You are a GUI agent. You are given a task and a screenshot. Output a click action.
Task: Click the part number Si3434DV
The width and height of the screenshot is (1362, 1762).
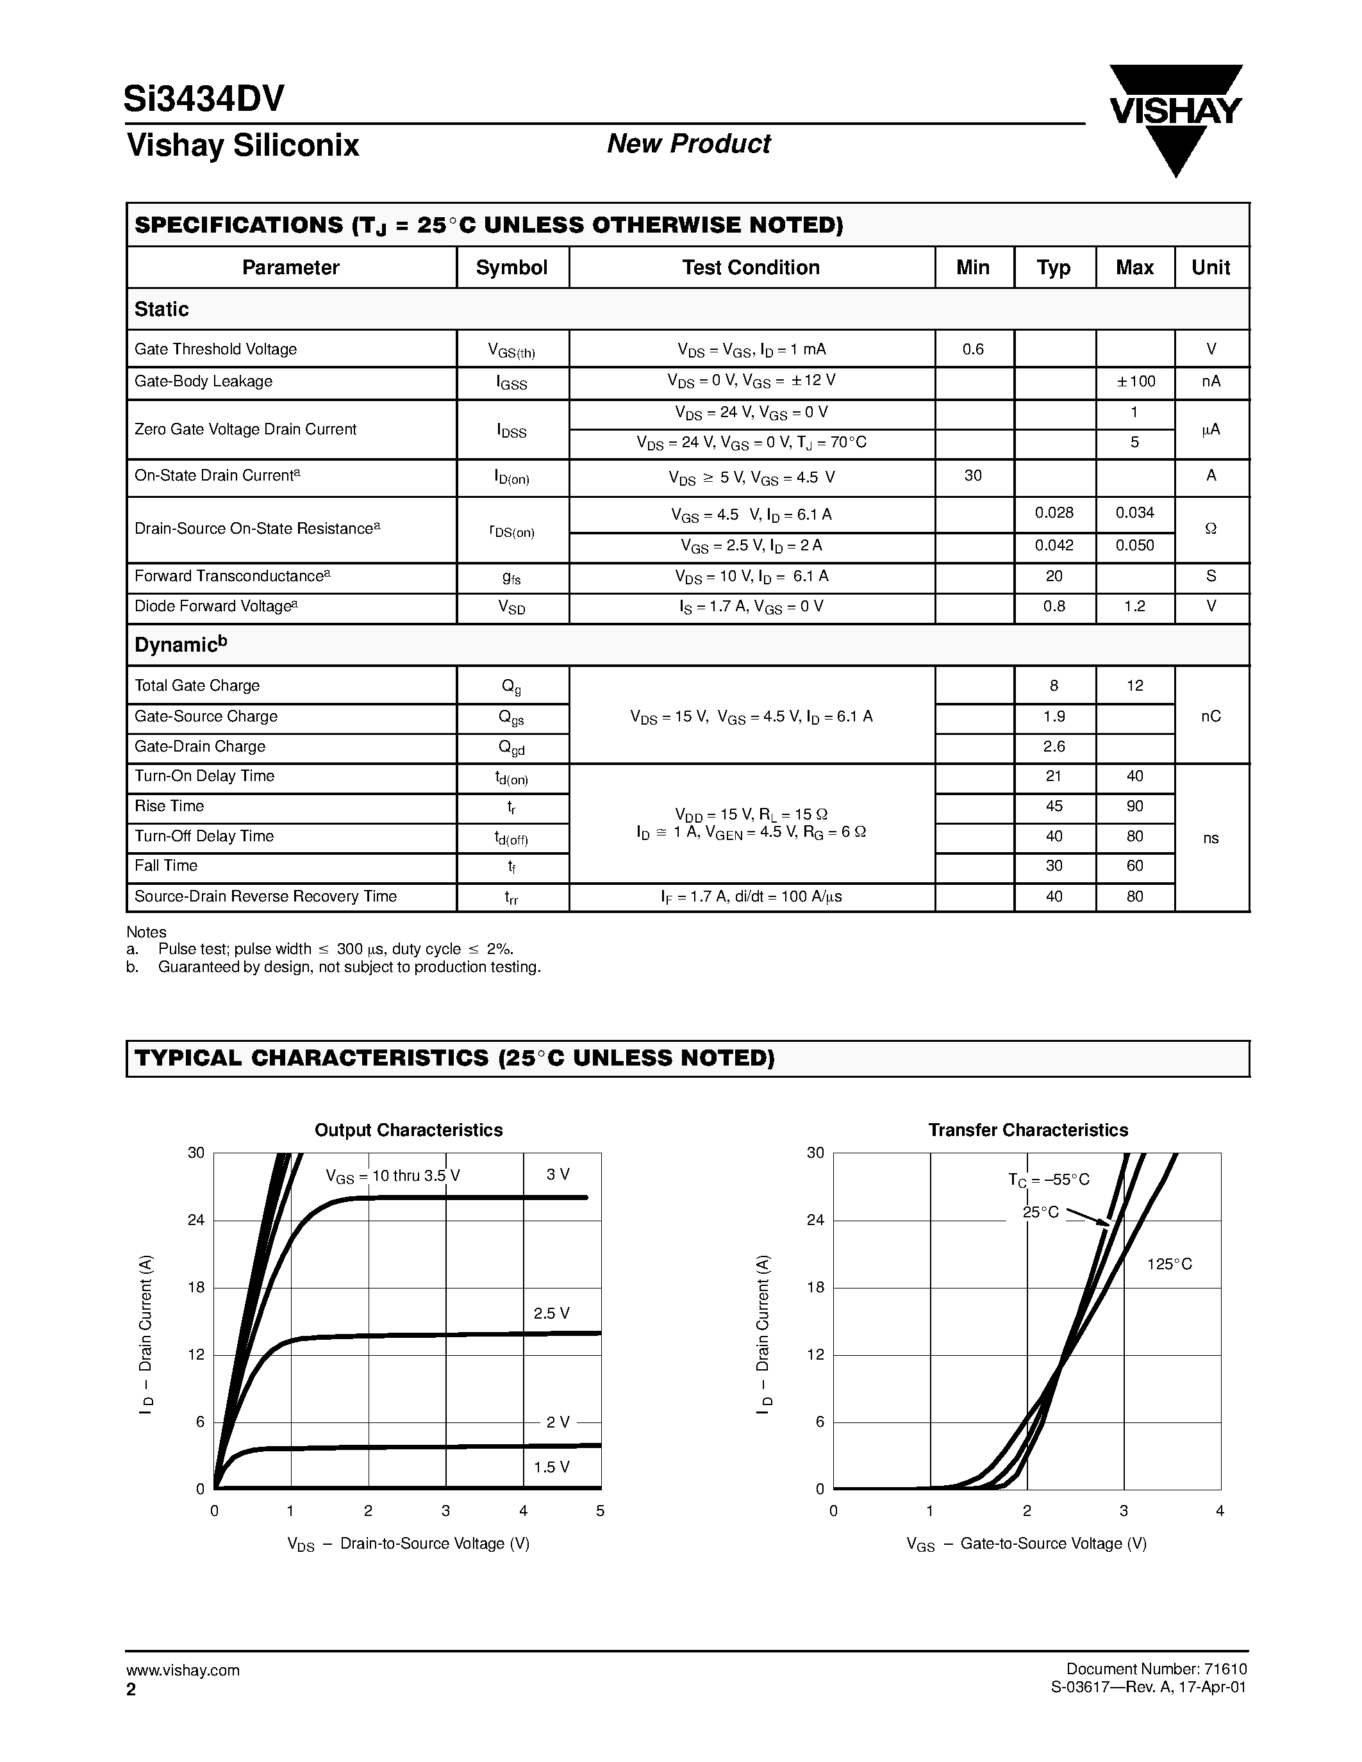[203, 99]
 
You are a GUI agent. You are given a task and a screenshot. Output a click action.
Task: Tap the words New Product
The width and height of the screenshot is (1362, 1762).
[688, 144]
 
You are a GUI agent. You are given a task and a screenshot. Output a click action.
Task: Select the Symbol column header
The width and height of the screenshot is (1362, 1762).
[511, 268]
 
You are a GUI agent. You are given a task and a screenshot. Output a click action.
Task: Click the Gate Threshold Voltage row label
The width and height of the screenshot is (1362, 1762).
[215, 349]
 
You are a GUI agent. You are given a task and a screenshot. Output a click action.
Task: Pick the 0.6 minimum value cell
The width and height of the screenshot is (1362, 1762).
[973, 349]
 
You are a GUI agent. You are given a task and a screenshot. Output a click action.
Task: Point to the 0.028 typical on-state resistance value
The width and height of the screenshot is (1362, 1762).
[1054, 513]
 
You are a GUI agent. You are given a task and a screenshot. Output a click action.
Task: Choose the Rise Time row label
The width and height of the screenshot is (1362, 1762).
[169, 806]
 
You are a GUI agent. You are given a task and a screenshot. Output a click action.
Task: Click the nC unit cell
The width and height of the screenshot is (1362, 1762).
[1210, 716]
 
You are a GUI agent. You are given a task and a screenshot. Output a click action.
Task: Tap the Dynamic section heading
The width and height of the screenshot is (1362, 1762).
[181, 645]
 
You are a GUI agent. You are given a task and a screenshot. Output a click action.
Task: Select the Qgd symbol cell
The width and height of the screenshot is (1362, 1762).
[511, 748]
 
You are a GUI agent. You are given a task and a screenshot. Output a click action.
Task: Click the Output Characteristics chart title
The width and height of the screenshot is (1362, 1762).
[408, 1130]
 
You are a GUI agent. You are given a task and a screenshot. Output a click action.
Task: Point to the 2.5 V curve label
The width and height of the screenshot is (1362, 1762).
[551, 1313]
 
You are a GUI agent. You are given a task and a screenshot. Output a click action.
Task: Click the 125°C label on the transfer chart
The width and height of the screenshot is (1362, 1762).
[1169, 1264]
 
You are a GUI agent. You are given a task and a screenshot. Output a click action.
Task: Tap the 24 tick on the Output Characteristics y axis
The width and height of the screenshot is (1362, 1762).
[196, 1220]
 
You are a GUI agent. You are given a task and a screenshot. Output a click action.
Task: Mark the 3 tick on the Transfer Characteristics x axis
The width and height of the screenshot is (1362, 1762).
[1123, 1511]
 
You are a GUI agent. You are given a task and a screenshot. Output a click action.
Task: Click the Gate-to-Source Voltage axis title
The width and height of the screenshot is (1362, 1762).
[1026, 1544]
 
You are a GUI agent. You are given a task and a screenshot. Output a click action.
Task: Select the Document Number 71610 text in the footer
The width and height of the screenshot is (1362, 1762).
[1156, 1669]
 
